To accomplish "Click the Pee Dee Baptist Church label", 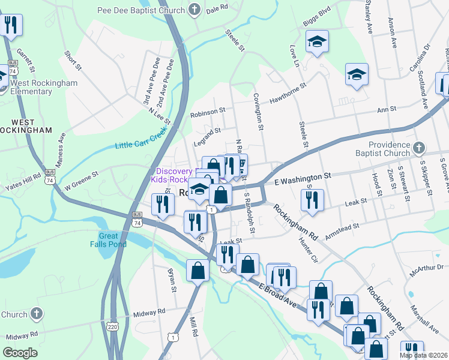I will tap(141, 10).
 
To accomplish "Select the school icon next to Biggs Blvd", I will tap(317, 42).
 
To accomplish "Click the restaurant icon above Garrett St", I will tap(10, 25).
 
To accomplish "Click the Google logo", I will tap(20, 352).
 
